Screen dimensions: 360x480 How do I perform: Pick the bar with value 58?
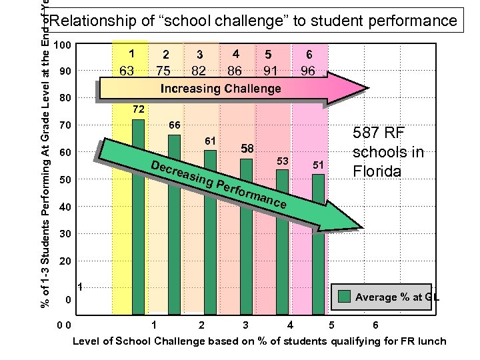246,233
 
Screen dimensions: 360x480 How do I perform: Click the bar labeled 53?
282,240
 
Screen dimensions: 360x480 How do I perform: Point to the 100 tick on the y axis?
63,45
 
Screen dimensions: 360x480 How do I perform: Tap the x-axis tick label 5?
331,326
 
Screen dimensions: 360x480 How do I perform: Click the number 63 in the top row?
127,69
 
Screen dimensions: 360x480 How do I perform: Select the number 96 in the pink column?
307,69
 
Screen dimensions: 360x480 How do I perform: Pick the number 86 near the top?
235,69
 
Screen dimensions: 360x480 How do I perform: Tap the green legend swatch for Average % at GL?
345,297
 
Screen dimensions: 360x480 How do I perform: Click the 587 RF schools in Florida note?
388,151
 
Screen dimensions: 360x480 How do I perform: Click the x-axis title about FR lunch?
259,341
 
